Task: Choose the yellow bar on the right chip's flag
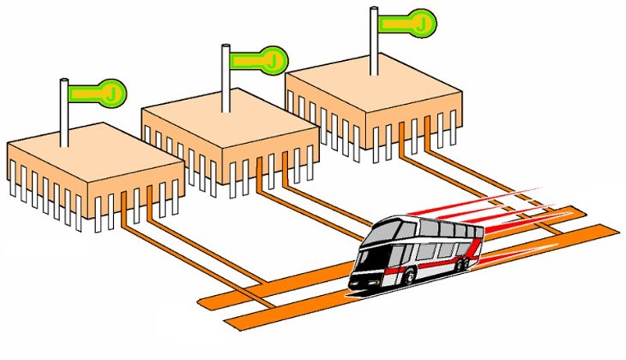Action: [x=399, y=24]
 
